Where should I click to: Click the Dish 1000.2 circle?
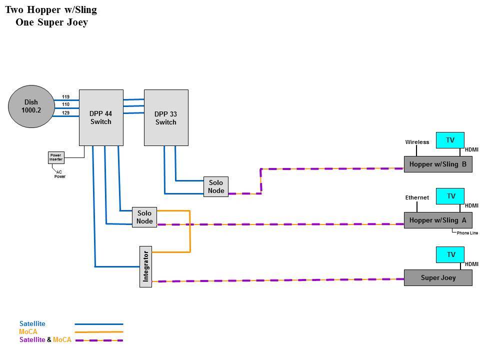click(x=31, y=106)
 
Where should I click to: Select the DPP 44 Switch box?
click(x=101, y=117)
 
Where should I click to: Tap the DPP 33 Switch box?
click(x=166, y=117)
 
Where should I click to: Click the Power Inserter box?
click(x=56, y=157)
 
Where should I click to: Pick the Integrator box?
click(x=145, y=266)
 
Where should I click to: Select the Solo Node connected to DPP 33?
click(x=216, y=186)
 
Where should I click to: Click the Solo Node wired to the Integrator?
click(x=144, y=217)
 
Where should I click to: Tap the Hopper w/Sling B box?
click(x=438, y=164)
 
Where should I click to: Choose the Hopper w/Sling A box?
click(x=438, y=220)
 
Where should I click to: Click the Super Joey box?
click(x=438, y=277)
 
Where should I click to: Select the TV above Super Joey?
click(x=450, y=254)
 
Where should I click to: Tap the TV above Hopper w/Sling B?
click(x=450, y=140)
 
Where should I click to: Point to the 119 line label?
click(x=66, y=96)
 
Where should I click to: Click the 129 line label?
click(x=66, y=112)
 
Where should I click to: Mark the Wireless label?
click(x=417, y=142)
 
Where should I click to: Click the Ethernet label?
click(x=417, y=197)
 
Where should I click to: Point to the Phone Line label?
click(x=467, y=233)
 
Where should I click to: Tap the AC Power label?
click(x=59, y=174)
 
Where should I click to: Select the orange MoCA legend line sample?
click(x=99, y=332)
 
